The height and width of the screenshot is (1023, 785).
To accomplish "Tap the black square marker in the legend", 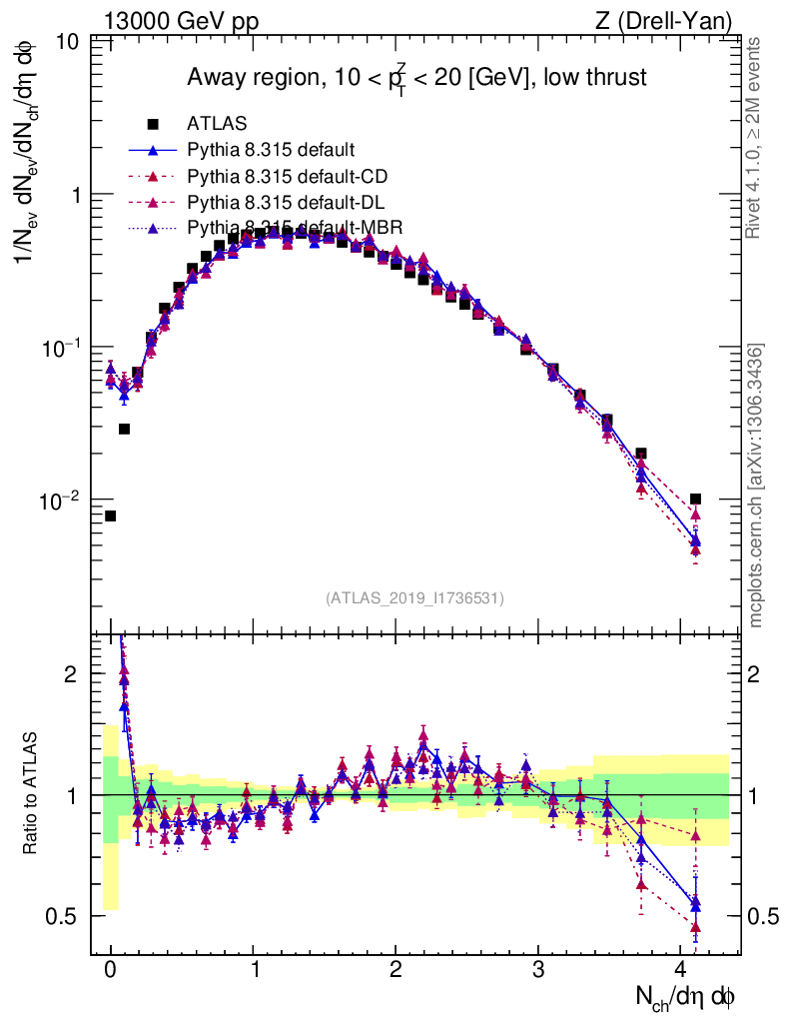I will pyautogui.click(x=153, y=125).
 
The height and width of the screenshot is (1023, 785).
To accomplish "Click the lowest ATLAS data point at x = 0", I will pyautogui.click(x=110, y=515).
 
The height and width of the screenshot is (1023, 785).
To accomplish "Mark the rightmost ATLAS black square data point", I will pyautogui.click(x=695, y=499).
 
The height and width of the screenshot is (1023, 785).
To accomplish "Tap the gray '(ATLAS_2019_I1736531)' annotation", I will pyautogui.click(x=414, y=598).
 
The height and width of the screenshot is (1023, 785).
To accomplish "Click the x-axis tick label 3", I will pyautogui.click(x=538, y=968).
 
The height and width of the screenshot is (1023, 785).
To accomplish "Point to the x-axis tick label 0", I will pyautogui.click(x=110, y=968).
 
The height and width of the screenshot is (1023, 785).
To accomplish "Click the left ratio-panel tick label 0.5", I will pyautogui.click(x=67, y=916).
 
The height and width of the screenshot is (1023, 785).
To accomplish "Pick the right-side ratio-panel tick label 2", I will pyautogui.click(x=757, y=674).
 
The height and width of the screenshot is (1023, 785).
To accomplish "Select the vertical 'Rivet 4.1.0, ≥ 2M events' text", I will pyautogui.click(x=755, y=138).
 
